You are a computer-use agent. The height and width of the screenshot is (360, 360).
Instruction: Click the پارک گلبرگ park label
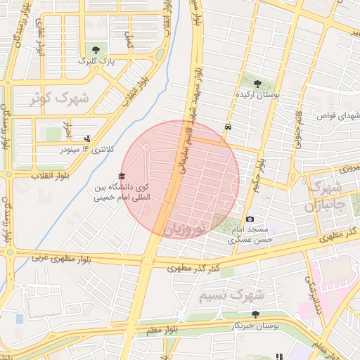point(95,62)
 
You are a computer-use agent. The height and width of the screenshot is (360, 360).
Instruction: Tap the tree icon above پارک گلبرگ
point(95,49)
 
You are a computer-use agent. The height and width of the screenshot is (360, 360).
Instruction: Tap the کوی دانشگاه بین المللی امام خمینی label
point(127,193)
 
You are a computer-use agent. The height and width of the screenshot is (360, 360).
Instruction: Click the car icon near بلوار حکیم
point(228,127)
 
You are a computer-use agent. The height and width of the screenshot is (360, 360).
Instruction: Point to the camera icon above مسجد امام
point(250,220)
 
